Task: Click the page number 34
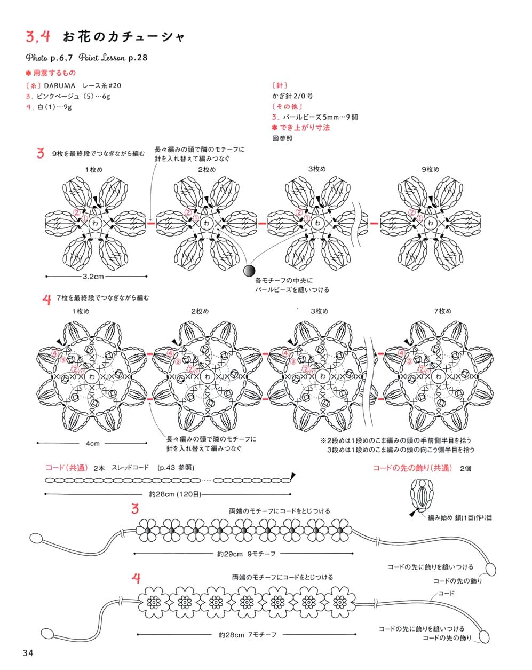click(28, 653)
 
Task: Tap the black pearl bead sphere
click(249, 271)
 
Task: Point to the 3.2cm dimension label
click(93, 277)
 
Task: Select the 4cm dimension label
click(92, 443)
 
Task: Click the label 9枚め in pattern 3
click(430, 169)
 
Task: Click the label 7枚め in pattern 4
click(442, 311)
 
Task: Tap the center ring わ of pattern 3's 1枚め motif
click(96, 223)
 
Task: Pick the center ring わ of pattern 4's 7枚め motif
click(439, 376)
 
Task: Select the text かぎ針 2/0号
click(292, 96)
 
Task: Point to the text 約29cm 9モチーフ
click(246, 554)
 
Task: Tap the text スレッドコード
click(130, 468)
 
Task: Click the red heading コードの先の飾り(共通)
click(412, 468)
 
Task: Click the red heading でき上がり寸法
click(304, 128)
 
